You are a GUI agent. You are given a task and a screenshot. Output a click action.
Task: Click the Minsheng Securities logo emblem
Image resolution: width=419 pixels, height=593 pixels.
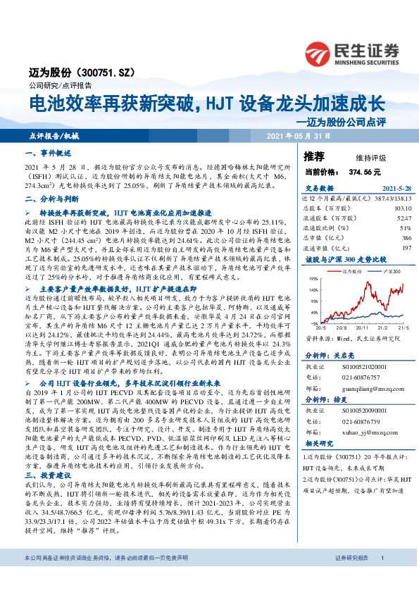click(x=318, y=51)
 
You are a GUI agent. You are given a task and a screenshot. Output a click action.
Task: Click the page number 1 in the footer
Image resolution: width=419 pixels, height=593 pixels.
click(x=382, y=578)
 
